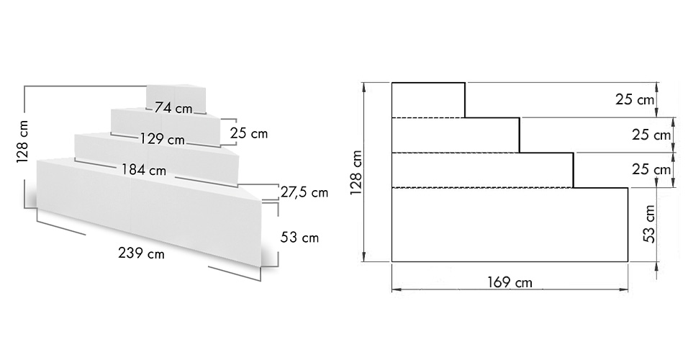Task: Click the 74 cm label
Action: click(173, 109)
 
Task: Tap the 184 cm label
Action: click(145, 171)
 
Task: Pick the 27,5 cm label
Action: click(304, 193)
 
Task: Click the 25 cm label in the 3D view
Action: click(248, 133)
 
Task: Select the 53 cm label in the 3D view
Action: click(300, 237)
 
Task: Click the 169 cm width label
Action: click(510, 283)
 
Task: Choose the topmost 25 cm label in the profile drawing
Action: click(635, 99)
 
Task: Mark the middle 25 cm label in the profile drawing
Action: click(650, 135)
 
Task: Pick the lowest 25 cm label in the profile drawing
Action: click(650, 170)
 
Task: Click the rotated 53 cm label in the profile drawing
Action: click(649, 223)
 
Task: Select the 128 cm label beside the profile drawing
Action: click(355, 173)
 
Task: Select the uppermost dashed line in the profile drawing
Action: click(427, 117)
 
